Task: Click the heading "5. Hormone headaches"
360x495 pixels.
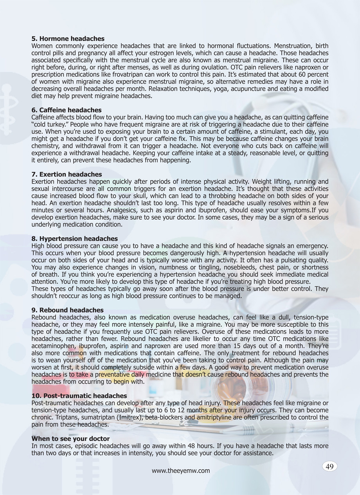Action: pos(68,39)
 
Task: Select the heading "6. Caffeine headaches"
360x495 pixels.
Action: pos(66,110)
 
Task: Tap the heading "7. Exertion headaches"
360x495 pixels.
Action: pos(67,174)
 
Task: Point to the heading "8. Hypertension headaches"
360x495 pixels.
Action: pos(74,238)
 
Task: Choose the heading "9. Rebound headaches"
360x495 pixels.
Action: pos(67,310)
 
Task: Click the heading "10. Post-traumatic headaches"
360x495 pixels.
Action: pos(79,396)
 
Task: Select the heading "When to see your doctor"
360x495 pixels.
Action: pos(70,439)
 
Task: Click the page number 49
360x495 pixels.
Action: pos(329,466)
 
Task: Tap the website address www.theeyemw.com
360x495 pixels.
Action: pos(181,471)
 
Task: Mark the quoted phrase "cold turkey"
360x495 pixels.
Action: pos(49,124)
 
